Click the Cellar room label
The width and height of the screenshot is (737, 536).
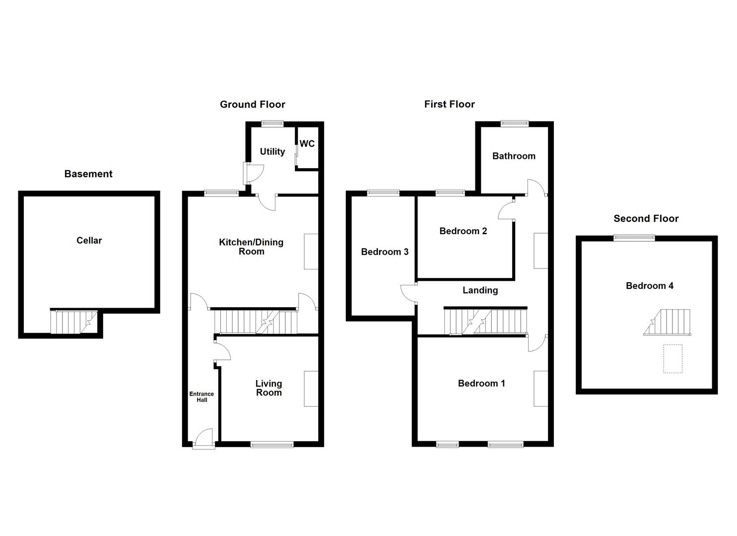pos(89,241)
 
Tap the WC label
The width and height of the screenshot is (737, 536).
pos(307,144)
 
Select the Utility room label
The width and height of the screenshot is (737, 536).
pos(272,152)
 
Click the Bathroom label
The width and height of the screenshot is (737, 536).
pos(514,156)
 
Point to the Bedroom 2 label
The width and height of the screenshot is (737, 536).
pos(463,231)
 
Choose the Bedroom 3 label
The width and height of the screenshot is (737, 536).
pos(385,252)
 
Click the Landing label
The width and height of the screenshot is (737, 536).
pos(480,290)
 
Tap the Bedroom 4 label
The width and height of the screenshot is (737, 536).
pos(649,286)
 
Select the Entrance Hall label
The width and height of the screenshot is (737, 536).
pos(201,397)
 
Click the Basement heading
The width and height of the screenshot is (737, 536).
pos(88,174)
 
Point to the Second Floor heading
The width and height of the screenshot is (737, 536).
pos(646,219)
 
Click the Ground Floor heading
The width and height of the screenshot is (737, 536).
pos(252,105)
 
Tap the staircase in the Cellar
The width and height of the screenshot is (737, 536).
pos(74,322)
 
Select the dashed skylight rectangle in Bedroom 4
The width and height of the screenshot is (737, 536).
pos(672,358)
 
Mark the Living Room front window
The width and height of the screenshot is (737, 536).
pos(272,445)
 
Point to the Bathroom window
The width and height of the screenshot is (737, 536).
pos(514,124)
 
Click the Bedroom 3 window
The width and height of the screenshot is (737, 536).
pos(383,194)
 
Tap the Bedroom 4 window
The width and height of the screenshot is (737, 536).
pos(634,238)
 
